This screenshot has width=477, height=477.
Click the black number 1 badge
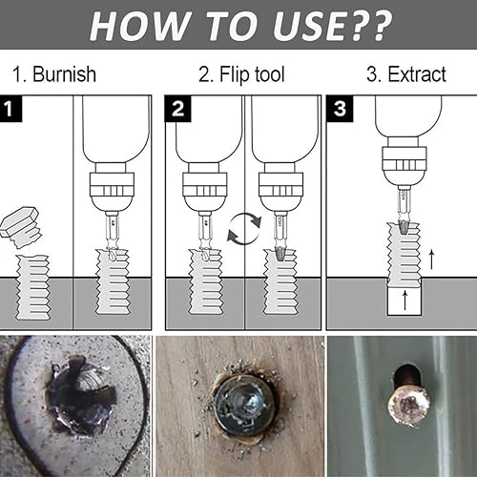point(12,108)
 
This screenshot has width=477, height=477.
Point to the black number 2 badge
point(177,108)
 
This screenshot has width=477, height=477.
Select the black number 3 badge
point(339,108)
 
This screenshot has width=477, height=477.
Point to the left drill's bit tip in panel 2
point(202,254)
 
